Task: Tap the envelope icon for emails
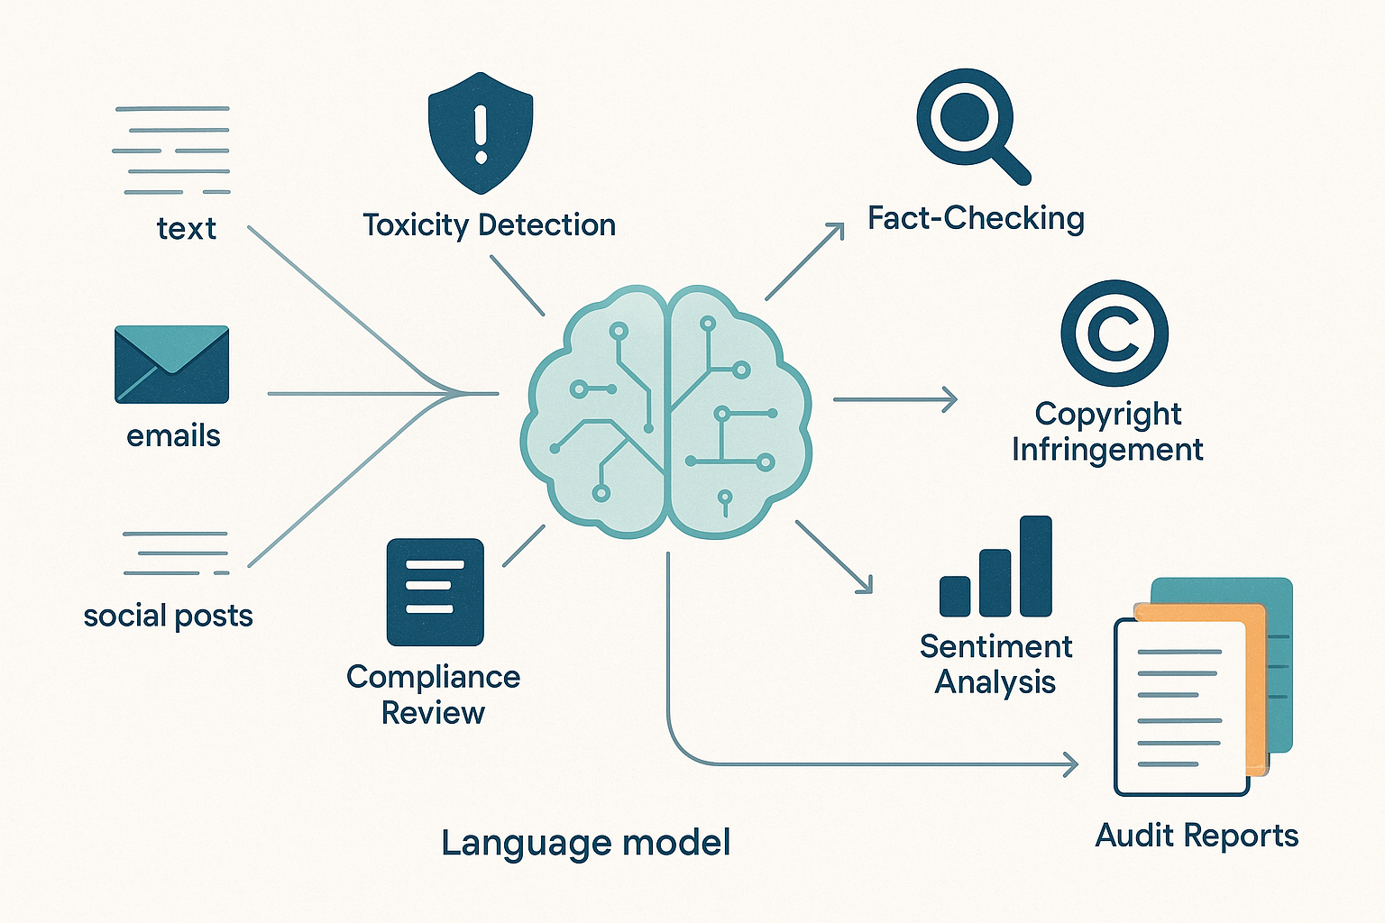click(x=172, y=364)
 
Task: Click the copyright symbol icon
click(x=1114, y=334)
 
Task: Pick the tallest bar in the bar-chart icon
click(x=1036, y=566)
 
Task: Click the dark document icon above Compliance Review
click(x=435, y=592)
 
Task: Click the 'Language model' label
click(x=585, y=843)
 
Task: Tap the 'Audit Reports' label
click(x=1197, y=836)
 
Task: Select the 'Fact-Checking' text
click(x=976, y=218)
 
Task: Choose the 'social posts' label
click(x=168, y=616)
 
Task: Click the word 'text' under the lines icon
click(x=186, y=228)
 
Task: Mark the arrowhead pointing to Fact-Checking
click(x=838, y=229)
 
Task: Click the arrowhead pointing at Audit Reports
click(x=1071, y=764)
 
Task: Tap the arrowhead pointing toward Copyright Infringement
click(x=949, y=399)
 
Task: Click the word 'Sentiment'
click(x=995, y=646)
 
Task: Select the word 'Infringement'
click(x=1107, y=449)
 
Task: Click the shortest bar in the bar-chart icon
click(x=955, y=596)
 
